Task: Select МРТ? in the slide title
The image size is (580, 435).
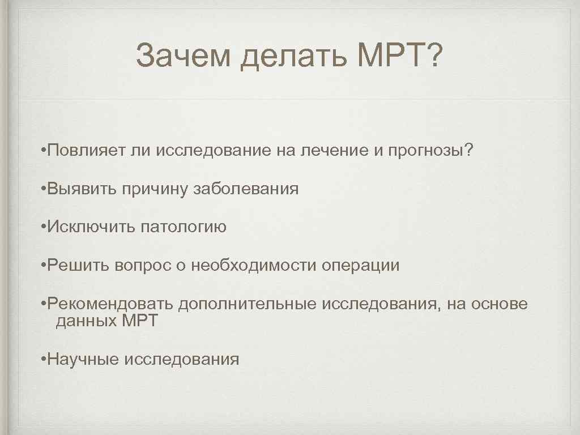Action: point(400,57)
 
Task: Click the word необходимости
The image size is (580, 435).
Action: point(254,265)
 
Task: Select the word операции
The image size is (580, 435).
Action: point(361,265)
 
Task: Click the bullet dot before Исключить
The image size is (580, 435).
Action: point(44,227)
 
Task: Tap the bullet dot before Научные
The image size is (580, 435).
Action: point(44,359)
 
